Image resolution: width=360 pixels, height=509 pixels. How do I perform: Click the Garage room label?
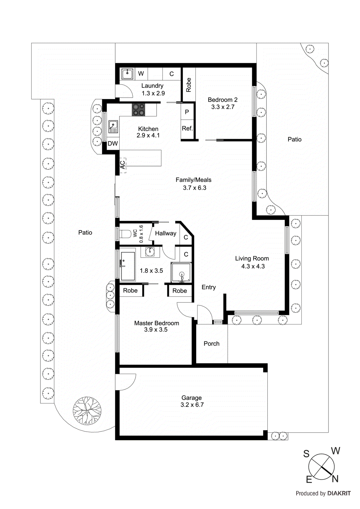point(191,398)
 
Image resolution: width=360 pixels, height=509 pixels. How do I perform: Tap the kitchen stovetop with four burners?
point(138,110)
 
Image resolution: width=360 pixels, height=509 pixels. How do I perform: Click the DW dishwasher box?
point(112,143)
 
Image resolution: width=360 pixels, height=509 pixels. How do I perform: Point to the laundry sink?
point(127,74)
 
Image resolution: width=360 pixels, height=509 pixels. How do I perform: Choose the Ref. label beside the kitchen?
point(187,129)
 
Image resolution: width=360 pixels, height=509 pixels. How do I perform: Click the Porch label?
point(211,344)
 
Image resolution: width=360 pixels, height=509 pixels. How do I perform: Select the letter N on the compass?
point(335,478)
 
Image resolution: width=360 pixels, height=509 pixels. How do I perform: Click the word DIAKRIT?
point(339,493)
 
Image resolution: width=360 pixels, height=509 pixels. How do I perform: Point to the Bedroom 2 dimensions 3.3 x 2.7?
point(222,107)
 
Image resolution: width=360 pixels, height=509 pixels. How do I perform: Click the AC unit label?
point(123,165)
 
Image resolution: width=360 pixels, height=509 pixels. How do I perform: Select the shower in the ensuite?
point(181,273)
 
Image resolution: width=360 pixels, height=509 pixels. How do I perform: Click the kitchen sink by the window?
point(113,127)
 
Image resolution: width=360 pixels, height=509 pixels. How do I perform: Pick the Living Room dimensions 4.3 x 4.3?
point(253,267)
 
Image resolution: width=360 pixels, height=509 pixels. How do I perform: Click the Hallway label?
point(166,234)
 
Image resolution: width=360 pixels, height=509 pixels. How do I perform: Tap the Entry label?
point(208,287)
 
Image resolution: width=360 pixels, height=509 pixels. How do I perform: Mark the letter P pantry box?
point(187,112)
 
